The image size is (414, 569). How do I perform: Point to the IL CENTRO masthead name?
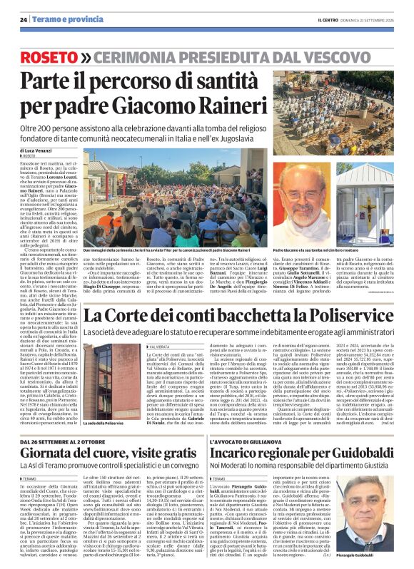(x=316, y=19)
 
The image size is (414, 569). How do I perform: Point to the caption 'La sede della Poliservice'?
(x=106, y=424)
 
